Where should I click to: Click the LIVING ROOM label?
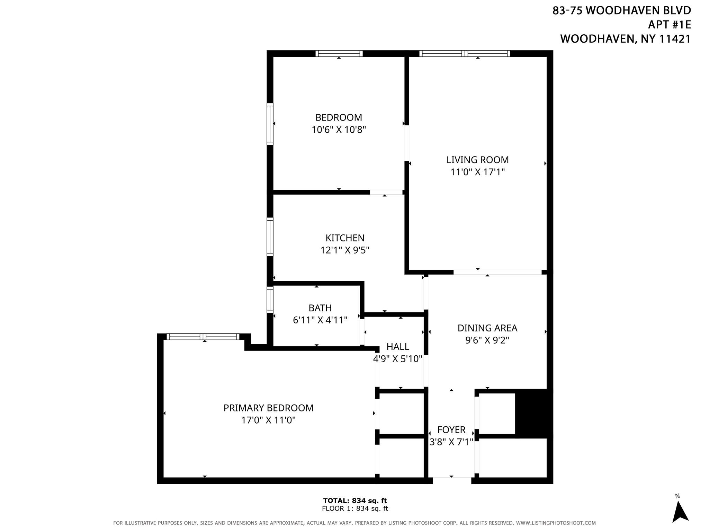477,160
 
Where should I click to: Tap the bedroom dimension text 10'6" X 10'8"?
339,130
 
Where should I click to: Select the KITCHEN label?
345,238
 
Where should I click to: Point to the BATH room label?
320,308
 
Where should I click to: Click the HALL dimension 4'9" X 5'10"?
397,359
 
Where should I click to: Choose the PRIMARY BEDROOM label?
268,408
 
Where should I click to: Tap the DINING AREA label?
487,328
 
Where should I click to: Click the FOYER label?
451,430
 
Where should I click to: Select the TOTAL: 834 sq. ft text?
354,500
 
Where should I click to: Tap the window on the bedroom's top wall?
339,53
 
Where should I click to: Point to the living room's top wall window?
465,53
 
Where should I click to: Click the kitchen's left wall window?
270,237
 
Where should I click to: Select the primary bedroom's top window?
203,337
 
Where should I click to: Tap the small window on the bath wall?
270,300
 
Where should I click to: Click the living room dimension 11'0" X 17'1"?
477,172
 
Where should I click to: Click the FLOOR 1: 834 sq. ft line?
354,509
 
